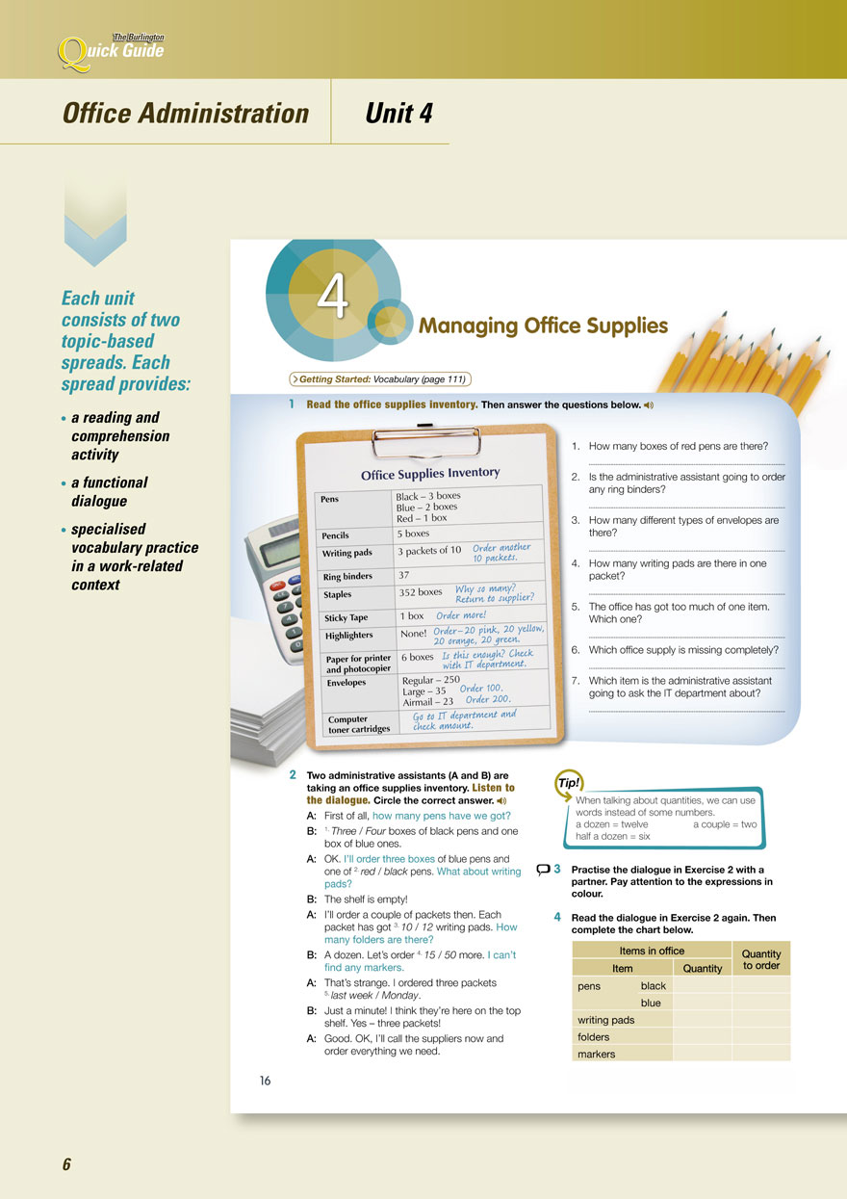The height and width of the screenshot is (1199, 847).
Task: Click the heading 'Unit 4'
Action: [x=398, y=114]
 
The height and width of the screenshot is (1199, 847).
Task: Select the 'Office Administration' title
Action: [x=186, y=114]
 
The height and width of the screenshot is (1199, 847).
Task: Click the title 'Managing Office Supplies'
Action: [x=543, y=326]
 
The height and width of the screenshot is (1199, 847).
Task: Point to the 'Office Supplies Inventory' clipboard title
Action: [x=430, y=473]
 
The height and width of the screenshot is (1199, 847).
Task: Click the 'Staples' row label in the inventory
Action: [x=339, y=595]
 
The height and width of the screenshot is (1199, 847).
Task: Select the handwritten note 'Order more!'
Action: [x=461, y=615]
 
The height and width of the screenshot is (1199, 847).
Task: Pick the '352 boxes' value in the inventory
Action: [x=421, y=592]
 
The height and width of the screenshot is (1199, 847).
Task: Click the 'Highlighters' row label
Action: [x=349, y=636]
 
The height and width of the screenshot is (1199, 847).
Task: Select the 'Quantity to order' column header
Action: [x=761, y=959]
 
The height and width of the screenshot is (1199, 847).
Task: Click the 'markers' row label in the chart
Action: [x=597, y=1054]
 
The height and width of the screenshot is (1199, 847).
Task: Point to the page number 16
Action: [x=265, y=1081]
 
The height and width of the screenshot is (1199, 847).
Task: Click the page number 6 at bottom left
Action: [x=67, y=1164]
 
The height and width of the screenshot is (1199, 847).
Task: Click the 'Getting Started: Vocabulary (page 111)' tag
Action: [x=380, y=379]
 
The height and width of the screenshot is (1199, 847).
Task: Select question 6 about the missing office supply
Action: [x=682, y=650]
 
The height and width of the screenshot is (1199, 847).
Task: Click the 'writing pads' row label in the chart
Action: [x=605, y=1020]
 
